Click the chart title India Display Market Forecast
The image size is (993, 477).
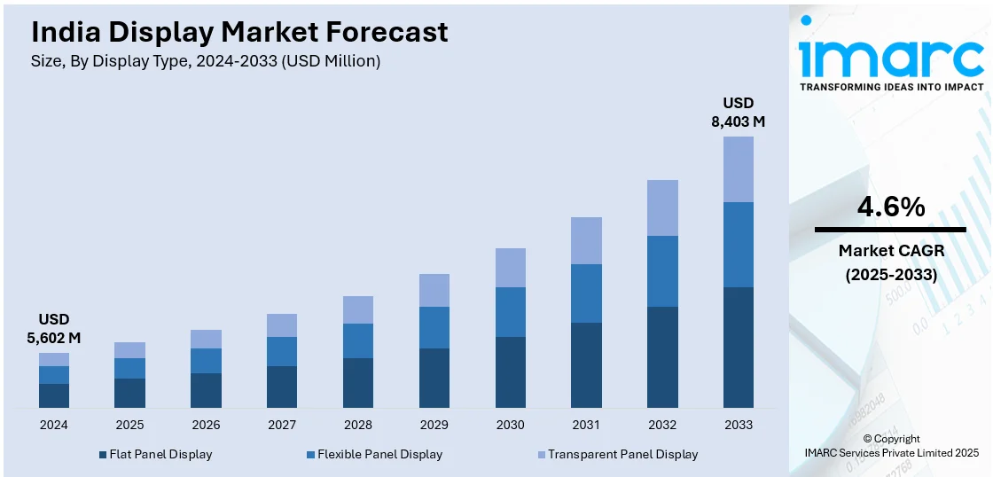(239, 33)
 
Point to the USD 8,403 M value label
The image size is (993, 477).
(738, 112)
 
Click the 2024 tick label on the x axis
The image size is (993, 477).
(54, 425)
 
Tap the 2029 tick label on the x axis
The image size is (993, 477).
(434, 425)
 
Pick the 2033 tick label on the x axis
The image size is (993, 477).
(739, 425)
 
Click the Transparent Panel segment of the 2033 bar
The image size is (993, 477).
(739, 169)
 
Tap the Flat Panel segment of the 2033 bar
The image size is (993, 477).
(739, 347)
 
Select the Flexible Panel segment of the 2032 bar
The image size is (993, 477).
(662, 271)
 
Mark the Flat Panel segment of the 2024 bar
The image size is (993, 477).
(54, 395)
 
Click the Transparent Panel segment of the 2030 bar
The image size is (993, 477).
(511, 268)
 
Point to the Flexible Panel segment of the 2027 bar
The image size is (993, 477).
(282, 351)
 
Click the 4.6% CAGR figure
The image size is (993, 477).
(890, 207)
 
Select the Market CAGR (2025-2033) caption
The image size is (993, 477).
(891, 262)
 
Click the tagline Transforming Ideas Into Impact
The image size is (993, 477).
(891, 87)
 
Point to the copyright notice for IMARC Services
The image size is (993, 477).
(890, 446)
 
